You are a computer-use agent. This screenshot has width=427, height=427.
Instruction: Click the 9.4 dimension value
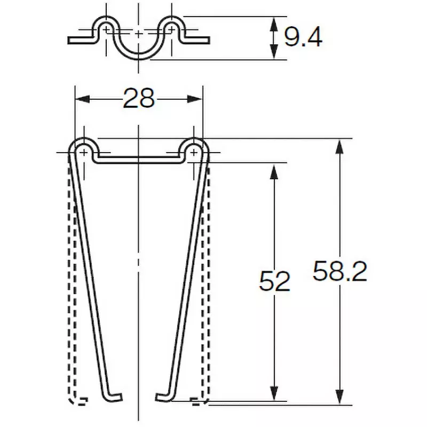tap(303, 37)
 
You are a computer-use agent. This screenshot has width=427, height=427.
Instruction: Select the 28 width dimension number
tap(138, 98)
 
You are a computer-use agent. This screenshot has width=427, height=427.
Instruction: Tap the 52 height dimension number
tap(274, 281)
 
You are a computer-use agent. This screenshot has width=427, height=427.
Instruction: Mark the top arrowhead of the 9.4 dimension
tap(274, 22)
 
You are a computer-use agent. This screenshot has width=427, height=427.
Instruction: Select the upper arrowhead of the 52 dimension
tap(274, 170)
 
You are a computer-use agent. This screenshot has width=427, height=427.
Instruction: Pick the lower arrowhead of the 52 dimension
tap(274, 393)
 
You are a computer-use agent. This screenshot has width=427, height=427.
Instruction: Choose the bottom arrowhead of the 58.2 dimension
tap(338, 393)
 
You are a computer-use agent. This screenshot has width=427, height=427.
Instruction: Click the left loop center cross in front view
tap(84, 153)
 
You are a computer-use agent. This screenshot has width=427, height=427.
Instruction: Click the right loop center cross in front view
tap(193, 153)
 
